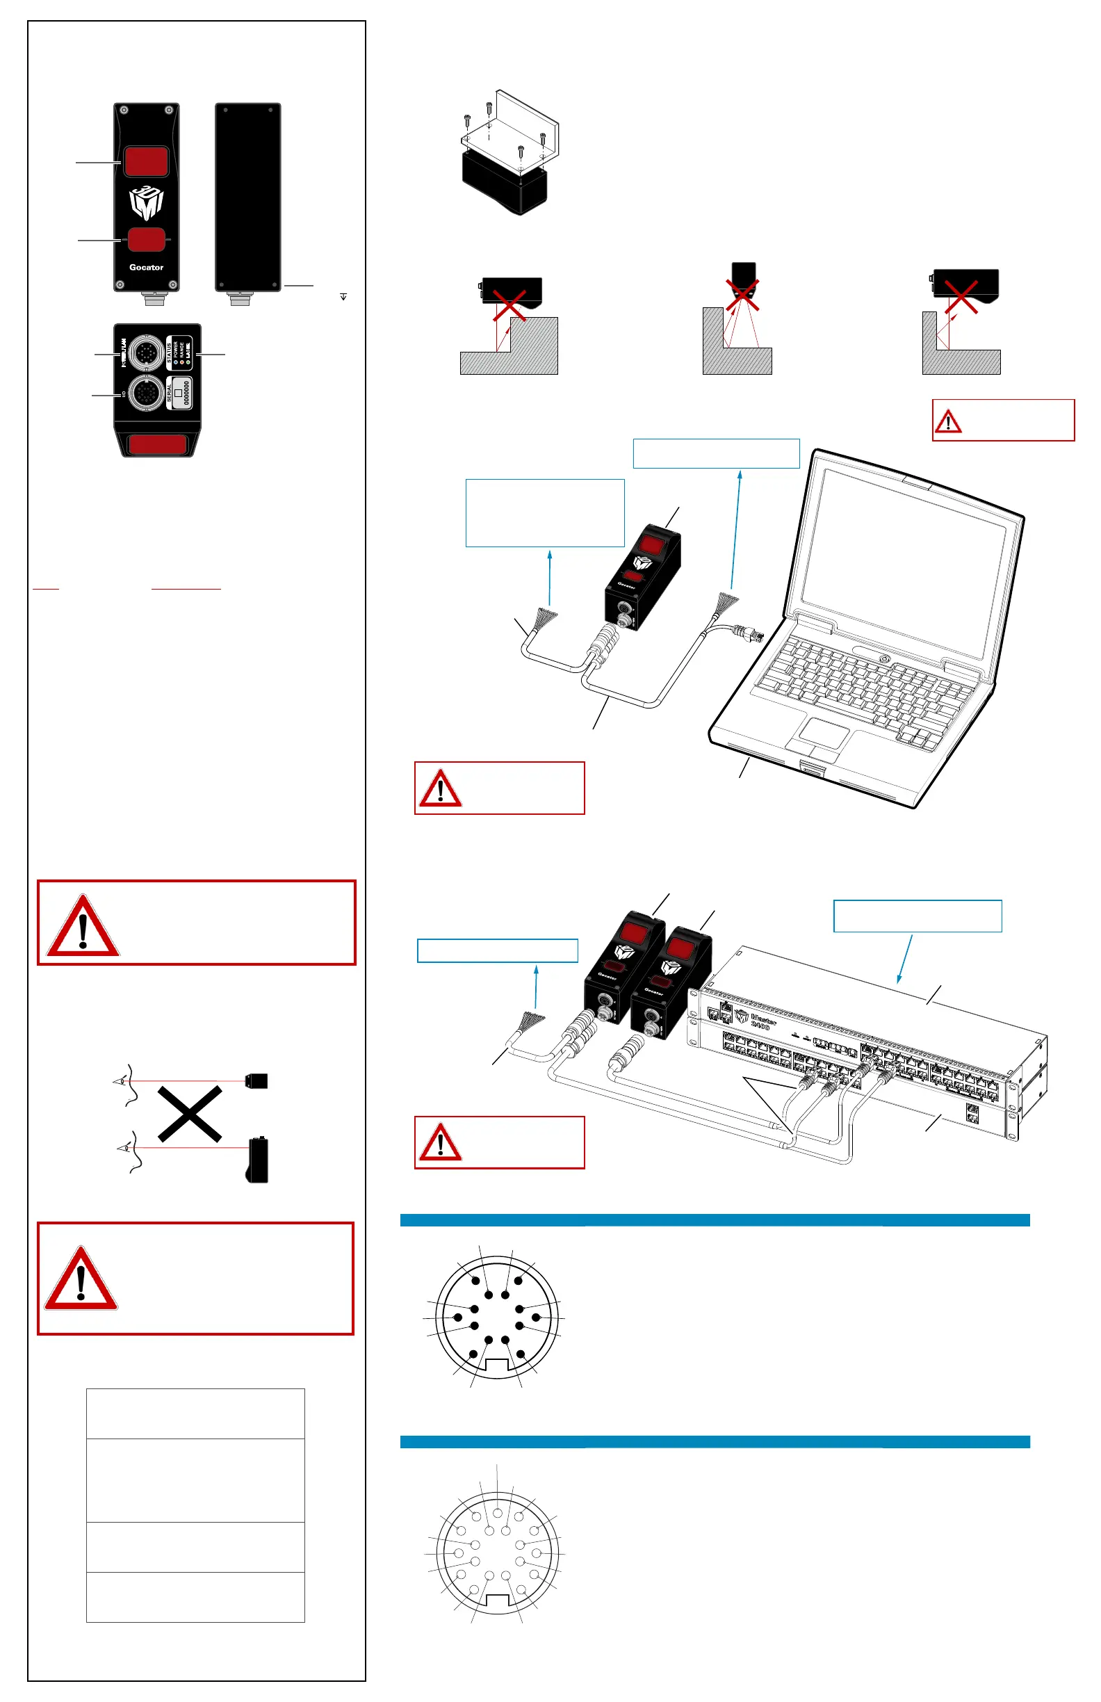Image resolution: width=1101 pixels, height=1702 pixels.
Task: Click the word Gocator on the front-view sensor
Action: tap(146, 268)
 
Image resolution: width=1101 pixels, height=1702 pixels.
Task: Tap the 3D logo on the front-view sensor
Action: tap(146, 202)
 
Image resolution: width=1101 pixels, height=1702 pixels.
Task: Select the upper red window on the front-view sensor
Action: tap(146, 161)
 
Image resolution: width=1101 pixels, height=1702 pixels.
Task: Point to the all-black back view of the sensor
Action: tap(248, 197)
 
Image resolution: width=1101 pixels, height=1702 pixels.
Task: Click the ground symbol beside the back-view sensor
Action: tap(343, 297)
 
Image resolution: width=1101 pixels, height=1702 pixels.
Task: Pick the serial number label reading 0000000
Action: tap(186, 394)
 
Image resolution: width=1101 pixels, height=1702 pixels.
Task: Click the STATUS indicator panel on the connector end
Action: tap(179, 352)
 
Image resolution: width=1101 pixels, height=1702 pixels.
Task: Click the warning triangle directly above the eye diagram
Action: tap(82, 926)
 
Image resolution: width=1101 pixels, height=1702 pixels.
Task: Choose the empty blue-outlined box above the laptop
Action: tap(716, 453)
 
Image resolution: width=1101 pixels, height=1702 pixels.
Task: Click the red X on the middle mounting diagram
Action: tap(743, 294)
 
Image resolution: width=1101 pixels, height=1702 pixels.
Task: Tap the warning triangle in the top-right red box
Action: tap(948, 421)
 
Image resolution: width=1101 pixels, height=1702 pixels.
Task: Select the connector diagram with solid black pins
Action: tap(497, 1318)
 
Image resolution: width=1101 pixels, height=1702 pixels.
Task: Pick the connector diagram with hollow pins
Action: tap(497, 1553)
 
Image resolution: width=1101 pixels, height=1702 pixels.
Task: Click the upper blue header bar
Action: tap(715, 1220)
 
